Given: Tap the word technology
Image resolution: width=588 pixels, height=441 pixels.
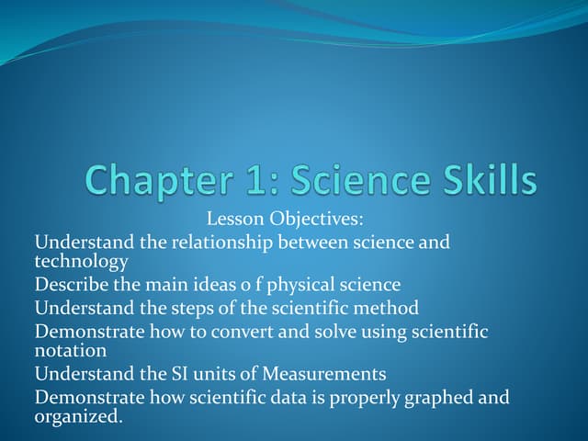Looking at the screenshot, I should tap(81, 261).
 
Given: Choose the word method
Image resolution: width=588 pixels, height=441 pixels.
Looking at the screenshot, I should tap(385, 307).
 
